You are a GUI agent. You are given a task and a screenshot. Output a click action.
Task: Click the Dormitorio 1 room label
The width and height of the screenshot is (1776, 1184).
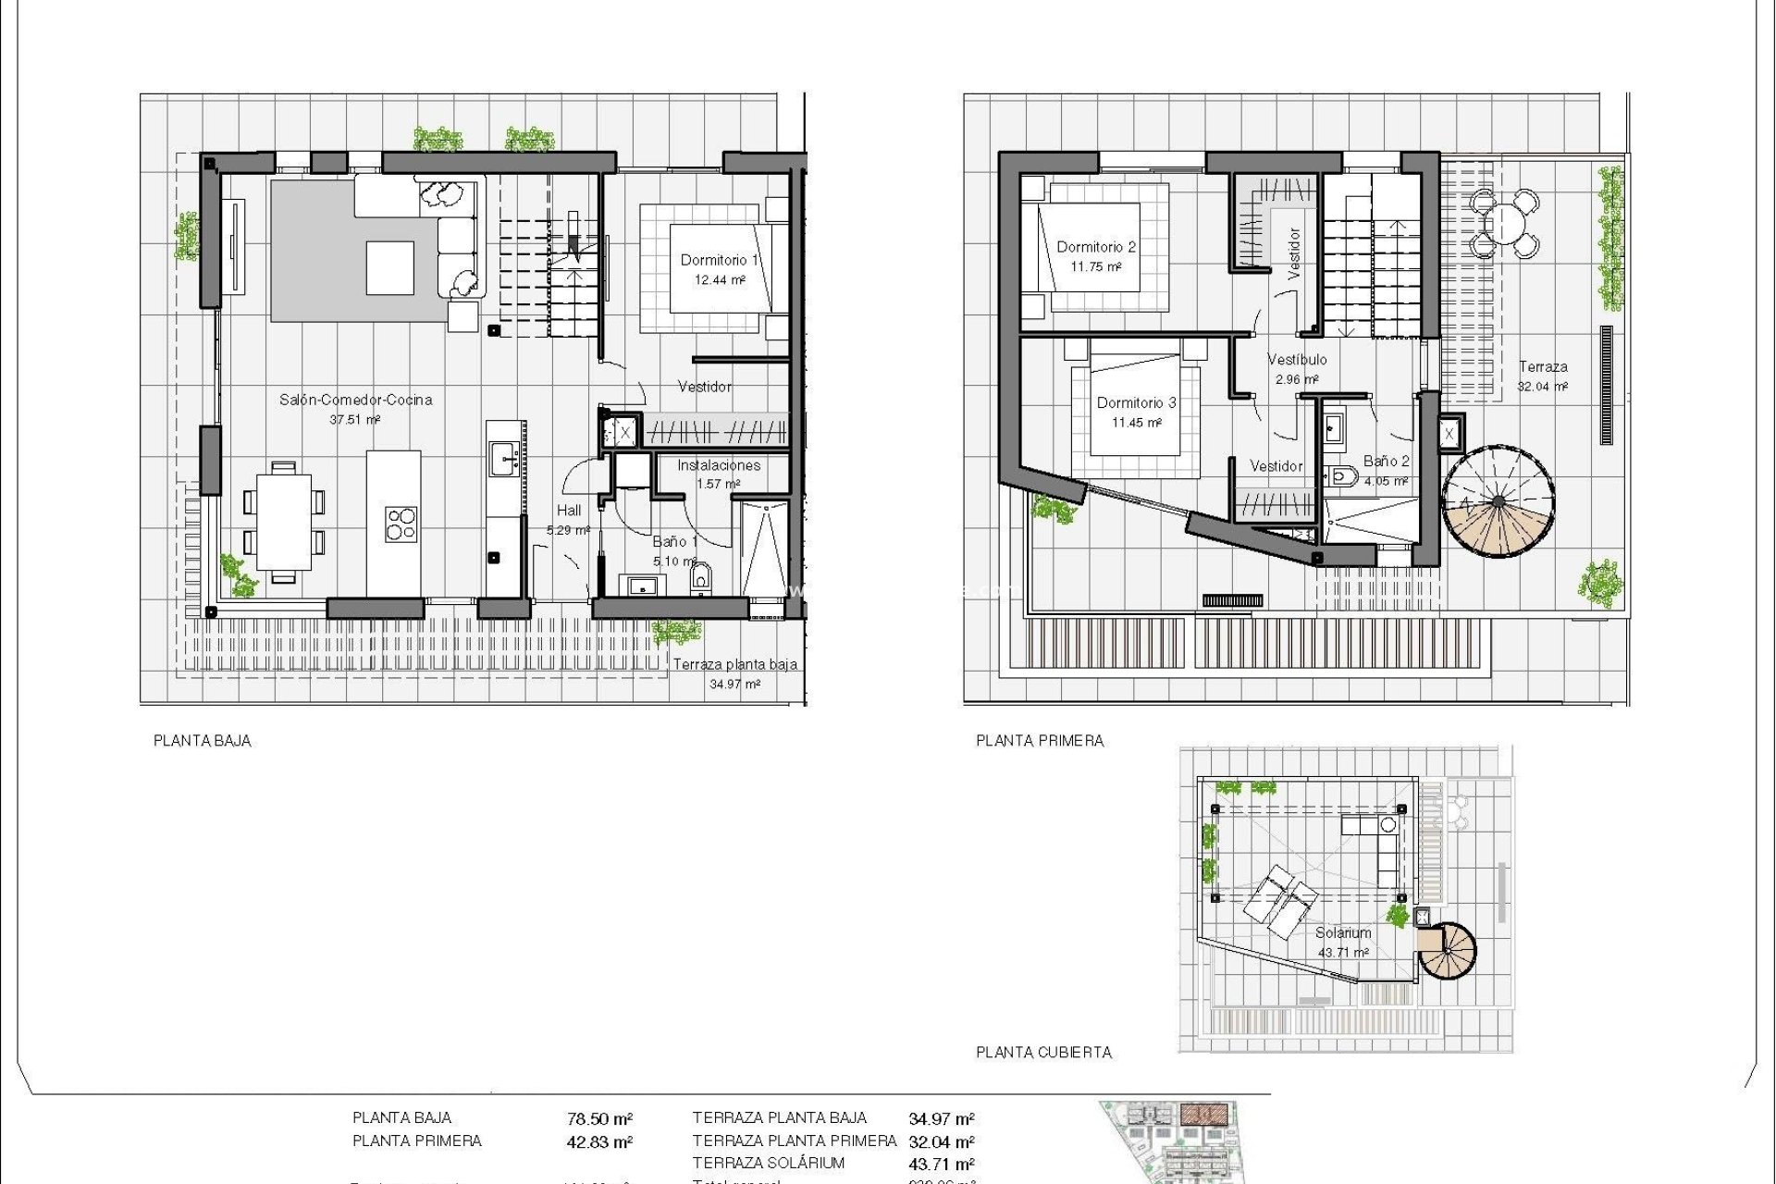(719, 260)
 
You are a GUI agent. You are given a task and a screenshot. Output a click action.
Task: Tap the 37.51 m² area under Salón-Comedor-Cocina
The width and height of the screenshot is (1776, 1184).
(355, 420)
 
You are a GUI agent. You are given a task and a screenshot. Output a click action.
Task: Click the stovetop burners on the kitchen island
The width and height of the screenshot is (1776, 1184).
(401, 524)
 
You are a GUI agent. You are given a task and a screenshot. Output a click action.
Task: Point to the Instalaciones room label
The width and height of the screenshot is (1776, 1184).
(719, 465)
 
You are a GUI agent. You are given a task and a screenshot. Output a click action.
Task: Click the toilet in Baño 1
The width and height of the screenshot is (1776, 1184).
(700, 578)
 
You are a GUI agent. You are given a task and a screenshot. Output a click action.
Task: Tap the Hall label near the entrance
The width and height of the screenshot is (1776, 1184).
(569, 510)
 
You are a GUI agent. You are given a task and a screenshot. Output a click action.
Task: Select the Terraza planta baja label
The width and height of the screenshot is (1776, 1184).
(734, 664)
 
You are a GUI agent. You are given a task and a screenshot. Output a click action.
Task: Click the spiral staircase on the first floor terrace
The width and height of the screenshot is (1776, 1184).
(1498, 502)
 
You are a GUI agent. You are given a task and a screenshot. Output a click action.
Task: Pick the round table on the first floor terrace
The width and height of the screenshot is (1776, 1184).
(1506, 223)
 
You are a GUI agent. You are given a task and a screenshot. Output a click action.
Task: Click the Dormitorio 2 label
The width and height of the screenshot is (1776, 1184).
(1096, 247)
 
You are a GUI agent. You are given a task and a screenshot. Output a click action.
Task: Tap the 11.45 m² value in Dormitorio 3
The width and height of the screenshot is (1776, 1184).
(1136, 423)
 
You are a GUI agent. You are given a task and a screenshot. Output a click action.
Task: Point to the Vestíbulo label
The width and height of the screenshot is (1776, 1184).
(1297, 359)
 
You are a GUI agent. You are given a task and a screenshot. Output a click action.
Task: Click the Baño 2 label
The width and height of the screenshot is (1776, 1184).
(1386, 461)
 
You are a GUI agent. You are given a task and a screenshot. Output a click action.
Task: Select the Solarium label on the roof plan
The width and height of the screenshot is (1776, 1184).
(1343, 932)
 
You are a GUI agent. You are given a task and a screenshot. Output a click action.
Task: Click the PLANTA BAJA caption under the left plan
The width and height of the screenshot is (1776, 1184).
(202, 740)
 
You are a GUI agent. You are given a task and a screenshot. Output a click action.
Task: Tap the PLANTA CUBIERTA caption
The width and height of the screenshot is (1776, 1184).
(1043, 1052)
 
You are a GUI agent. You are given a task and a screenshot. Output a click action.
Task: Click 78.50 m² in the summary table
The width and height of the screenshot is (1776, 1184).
(599, 1119)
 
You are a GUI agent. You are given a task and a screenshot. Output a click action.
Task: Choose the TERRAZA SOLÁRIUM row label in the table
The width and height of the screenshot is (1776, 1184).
(768, 1164)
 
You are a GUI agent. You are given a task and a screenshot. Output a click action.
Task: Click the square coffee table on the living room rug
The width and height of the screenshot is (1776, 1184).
(389, 267)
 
